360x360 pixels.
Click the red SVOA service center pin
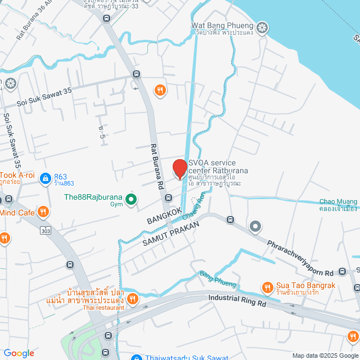click(x=179, y=169)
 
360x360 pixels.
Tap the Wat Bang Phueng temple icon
click(x=262, y=27)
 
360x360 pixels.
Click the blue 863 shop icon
click(x=44, y=178)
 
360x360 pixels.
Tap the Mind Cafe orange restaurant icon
click(x=44, y=212)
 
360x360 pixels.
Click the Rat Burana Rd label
click(x=157, y=166)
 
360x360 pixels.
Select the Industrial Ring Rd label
click(x=237, y=301)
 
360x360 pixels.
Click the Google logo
click(x=19, y=353)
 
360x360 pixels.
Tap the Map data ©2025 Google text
click(x=325, y=355)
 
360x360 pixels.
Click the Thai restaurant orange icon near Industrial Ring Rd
click(x=133, y=299)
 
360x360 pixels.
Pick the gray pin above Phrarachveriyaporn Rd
click(x=255, y=227)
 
